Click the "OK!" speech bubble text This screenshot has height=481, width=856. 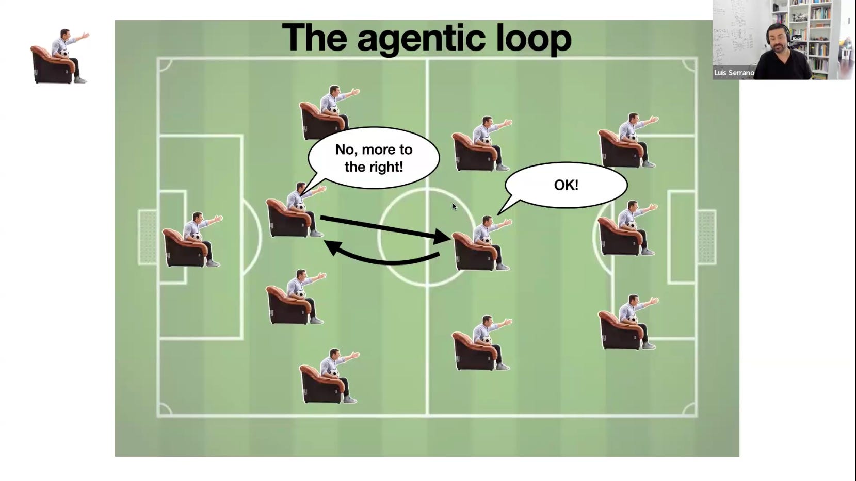pyautogui.click(x=566, y=185)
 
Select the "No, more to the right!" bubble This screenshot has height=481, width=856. pyautogui.click(x=374, y=158)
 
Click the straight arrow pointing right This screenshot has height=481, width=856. pyautogui.click(x=385, y=228)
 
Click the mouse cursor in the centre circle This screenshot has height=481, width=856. pyautogui.click(x=455, y=207)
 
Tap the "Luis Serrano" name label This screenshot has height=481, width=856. pyautogui.click(x=734, y=73)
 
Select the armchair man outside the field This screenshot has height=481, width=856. pyautogui.click(x=60, y=56)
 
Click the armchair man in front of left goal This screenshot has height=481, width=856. pyautogui.click(x=192, y=239)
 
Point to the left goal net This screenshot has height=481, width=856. pyautogui.click(x=148, y=237)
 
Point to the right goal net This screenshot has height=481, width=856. pyautogui.click(x=707, y=237)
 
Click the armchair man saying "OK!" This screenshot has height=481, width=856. pyautogui.click(x=482, y=243)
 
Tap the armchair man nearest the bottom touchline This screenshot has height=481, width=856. pyautogui.click(x=329, y=376)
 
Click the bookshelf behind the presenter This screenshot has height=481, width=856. pyautogui.click(x=810, y=35)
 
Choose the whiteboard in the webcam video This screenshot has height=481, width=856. pyautogui.click(x=736, y=35)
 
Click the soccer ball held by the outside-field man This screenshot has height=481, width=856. pyautogui.click(x=64, y=53)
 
